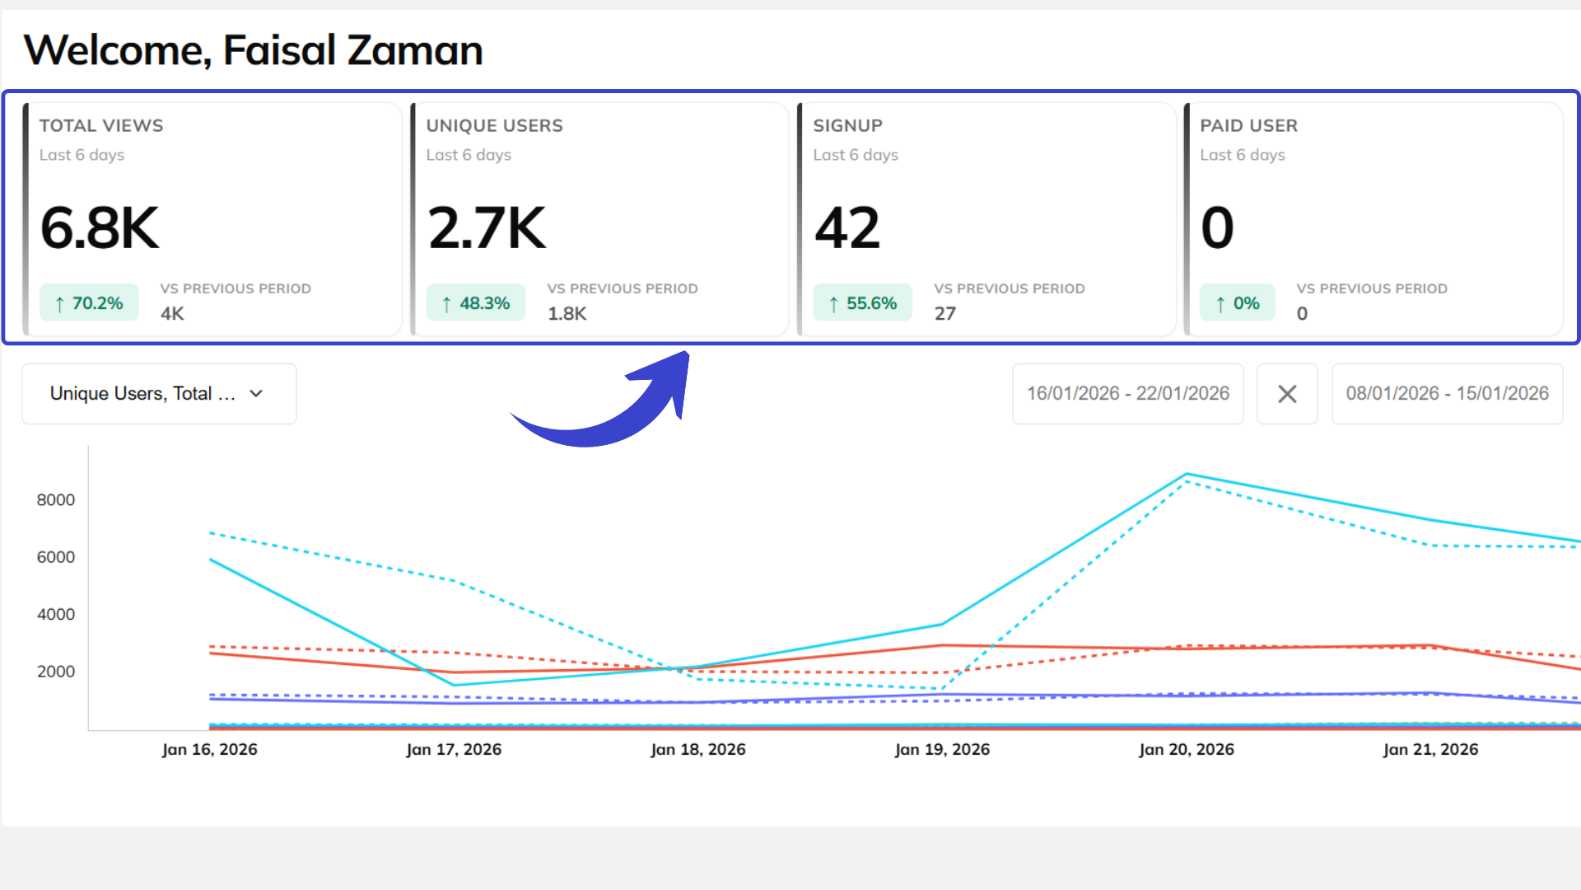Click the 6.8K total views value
[x=100, y=228]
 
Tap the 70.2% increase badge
[x=89, y=303]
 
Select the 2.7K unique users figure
[x=487, y=228]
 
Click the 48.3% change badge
[x=476, y=303]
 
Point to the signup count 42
[x=847, y=228]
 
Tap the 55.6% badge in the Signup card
[x=863, y=303]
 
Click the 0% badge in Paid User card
[x=1238, y=303]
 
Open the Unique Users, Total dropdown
[x=159, y=394]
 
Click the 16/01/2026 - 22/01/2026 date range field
[x=1127, y=394]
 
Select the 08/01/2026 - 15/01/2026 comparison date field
[x=1447, y=394]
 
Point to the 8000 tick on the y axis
[x=56, y=500]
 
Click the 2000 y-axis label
[x=56, y=672]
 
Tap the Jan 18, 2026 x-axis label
[x=698, y=750]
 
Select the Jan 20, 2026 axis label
[x=1187, y=750]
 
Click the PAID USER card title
[x=1248, y=126]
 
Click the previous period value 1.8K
[x=567, y=314]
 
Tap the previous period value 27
[x=944, y=314]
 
